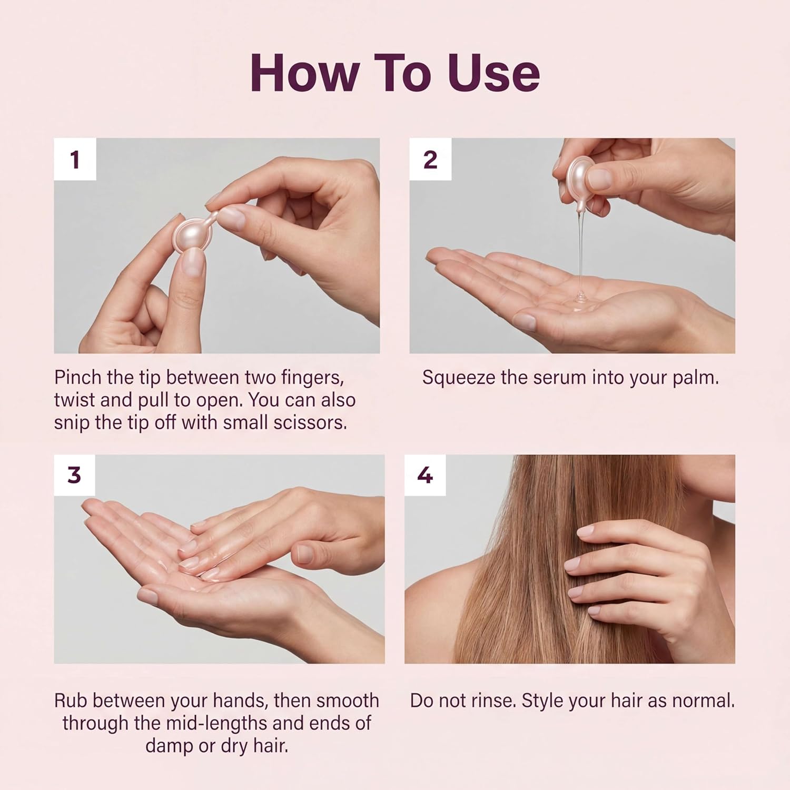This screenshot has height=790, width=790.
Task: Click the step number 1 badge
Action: pos(75,160)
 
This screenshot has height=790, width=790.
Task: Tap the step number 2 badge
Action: pos(430,160)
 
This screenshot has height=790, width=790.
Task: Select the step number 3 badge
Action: pos(74,475)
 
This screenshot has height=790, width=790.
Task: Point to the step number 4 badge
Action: pos(424,475)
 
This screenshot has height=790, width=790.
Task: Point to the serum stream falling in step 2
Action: pos(580,248)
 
